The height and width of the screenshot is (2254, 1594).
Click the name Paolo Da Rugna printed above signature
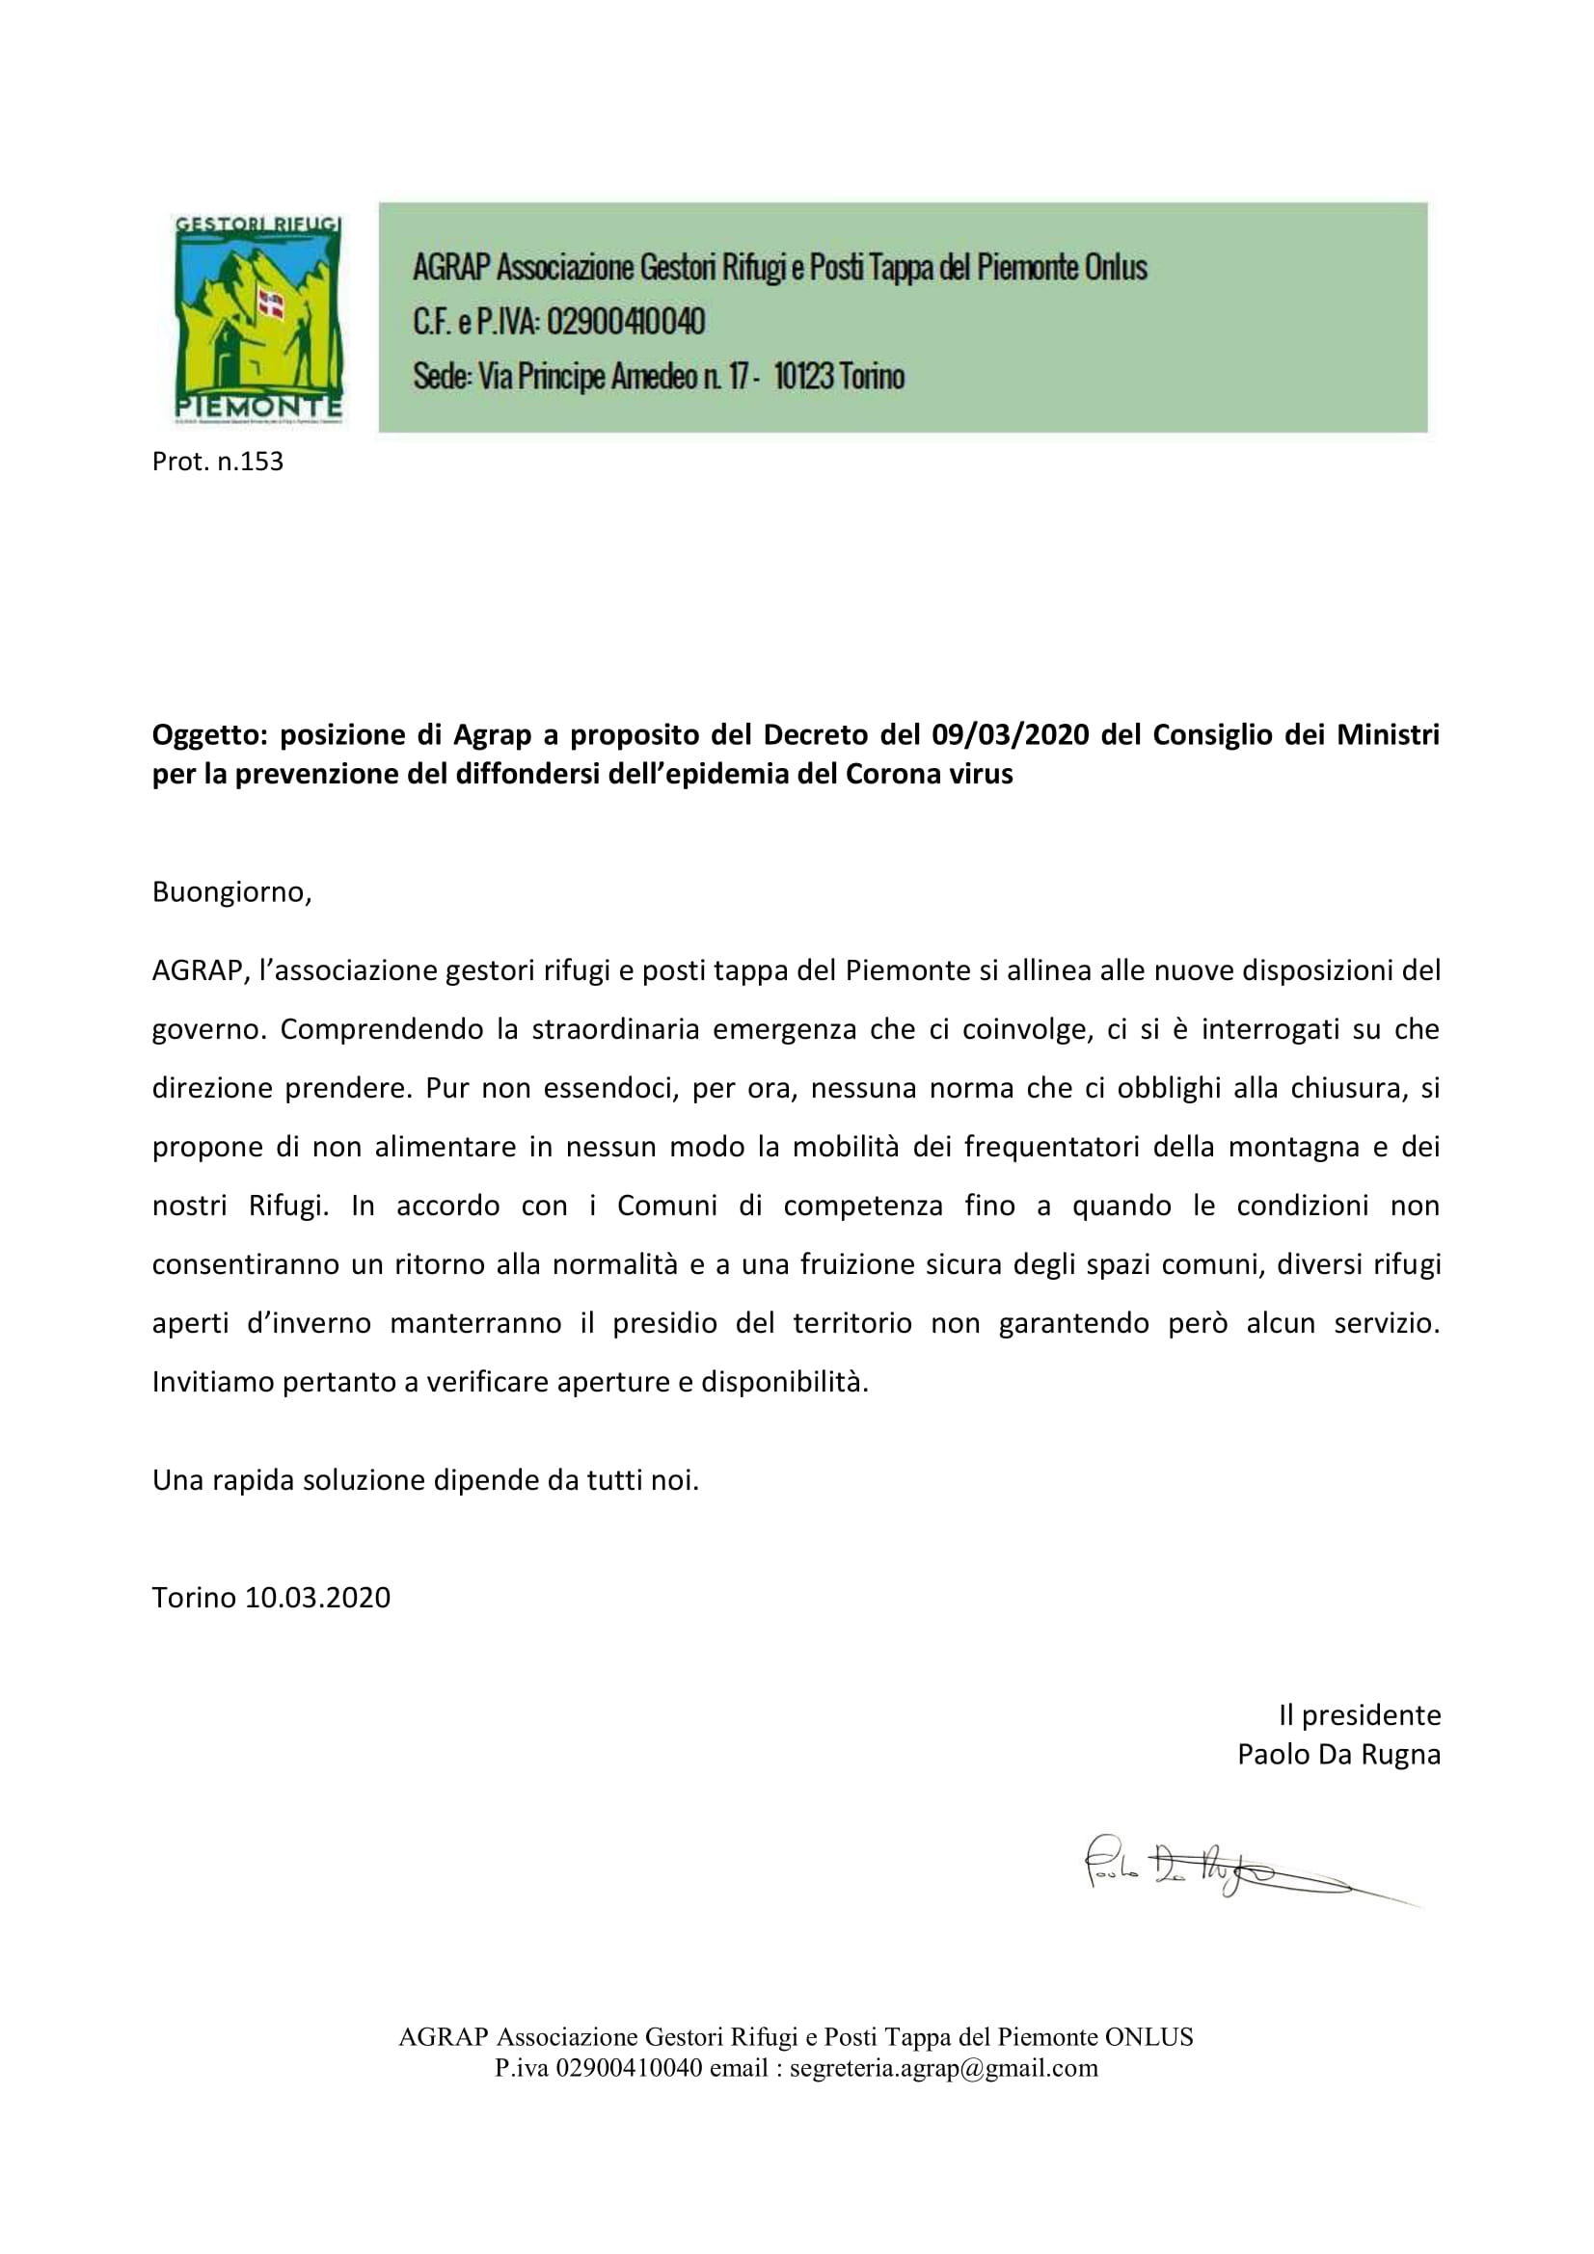pos(1338,1753)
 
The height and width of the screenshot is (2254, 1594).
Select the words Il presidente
pos(1360,1715)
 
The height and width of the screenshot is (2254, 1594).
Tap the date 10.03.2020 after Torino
pos(317,1597)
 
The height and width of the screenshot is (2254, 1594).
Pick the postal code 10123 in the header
pos(803,376)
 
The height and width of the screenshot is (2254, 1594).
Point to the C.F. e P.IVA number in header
pos(625,321)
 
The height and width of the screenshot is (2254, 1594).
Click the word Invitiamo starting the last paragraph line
pos(213,1382)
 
